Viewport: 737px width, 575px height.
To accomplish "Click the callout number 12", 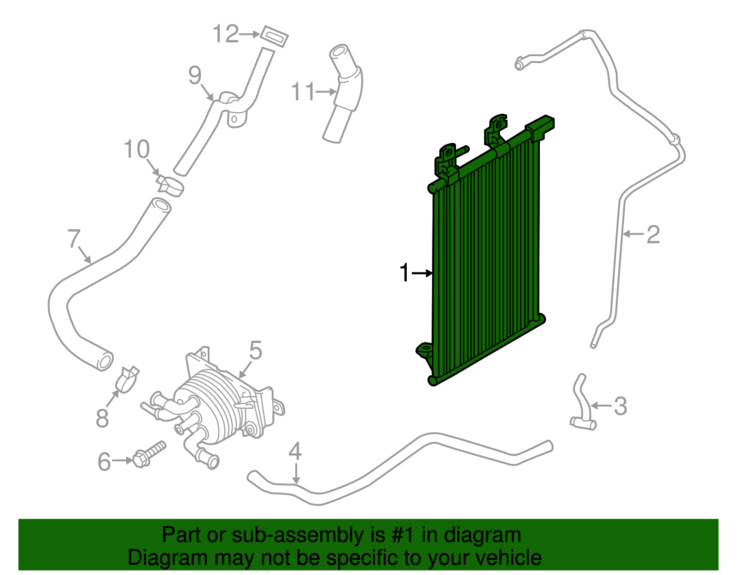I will point(226,34).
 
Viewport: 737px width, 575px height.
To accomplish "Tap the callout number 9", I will point(195,75).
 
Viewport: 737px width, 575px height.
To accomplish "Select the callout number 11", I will point(303,92).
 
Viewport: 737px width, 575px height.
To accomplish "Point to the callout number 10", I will point(136,149).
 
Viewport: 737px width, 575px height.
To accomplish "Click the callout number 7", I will point(74,238).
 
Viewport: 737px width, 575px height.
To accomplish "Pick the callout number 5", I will point(256,350).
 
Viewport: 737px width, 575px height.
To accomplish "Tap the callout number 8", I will point(102,418).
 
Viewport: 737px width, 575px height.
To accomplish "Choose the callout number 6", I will point(105,461).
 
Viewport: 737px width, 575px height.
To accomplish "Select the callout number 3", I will point(620,406).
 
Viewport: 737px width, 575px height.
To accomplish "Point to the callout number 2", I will point(653,234).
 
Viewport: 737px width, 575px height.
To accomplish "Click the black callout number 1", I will point(404,273).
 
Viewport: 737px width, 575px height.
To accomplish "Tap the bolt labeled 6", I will point(149,453).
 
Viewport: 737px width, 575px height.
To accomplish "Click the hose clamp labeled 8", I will point(128,379).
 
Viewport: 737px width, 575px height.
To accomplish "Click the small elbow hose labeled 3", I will point(581,406).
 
